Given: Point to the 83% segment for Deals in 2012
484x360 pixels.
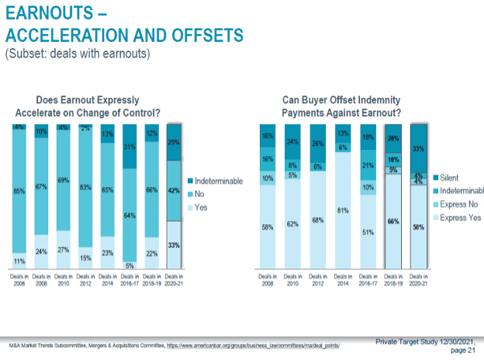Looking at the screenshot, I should pyautogui.click(x=87, y=187).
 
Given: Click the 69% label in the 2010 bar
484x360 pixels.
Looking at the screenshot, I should pyautogui.click(x=64, y=179).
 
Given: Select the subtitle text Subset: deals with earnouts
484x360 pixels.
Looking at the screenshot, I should pyautogui.click(x=77, y=54).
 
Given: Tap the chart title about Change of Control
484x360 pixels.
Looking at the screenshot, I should pyautogui.click(x=98, y=106).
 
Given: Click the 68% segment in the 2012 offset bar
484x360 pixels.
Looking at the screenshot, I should pyautogui.click(x=317, y=220).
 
